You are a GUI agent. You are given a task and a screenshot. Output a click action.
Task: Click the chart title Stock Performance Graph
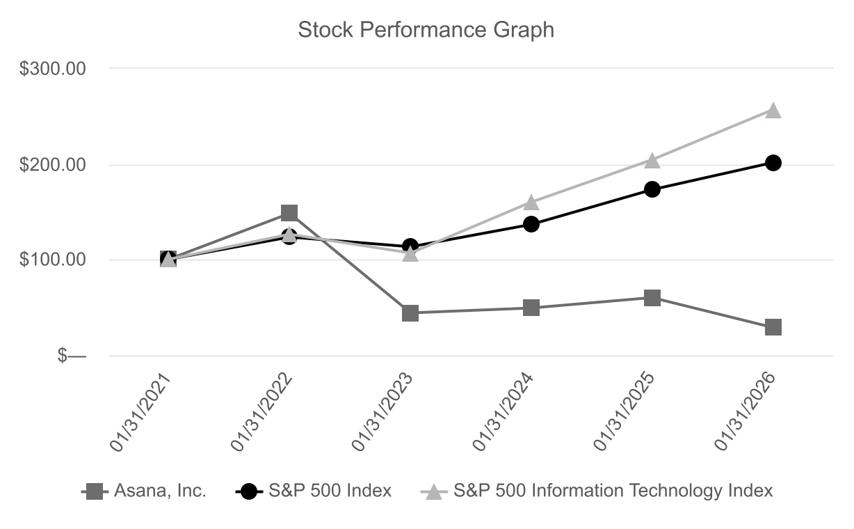pos(426,30)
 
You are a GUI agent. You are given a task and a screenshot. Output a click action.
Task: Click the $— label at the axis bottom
pos(72,356)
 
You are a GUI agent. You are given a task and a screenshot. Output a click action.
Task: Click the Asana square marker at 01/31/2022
pos(289,212)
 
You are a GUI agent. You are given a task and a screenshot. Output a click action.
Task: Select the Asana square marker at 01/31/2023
pos(410,313)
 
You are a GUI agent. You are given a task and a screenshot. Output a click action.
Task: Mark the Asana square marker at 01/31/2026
pos(773,327)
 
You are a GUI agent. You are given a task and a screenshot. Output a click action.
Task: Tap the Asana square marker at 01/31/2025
pos(652,298)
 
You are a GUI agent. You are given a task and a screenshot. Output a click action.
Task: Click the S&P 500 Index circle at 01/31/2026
pos(773,163)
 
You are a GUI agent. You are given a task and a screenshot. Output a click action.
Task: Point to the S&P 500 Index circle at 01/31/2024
pos(531,224)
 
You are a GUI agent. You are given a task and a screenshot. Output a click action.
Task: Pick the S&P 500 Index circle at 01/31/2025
pos(652,189)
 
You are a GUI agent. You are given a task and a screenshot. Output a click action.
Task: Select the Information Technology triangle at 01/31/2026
pos(773,111)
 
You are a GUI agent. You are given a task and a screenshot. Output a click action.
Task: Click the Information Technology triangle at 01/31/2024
pos(531,203)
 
